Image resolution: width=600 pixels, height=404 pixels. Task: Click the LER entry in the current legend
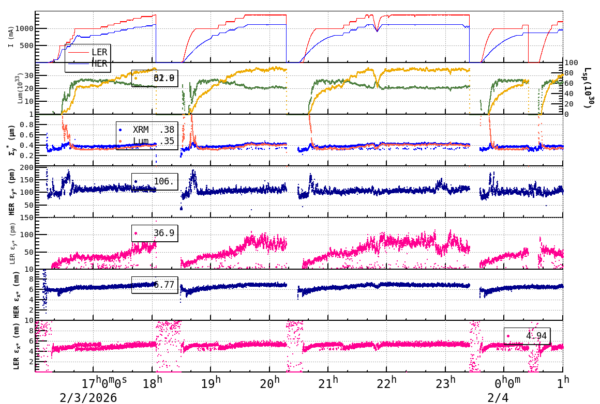tap(99, 52)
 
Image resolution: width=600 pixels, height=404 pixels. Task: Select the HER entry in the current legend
tap(99, 64)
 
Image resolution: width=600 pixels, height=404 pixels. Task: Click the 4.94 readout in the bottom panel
tap(527, 336)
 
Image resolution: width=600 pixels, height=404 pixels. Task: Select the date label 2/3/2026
tap(88, 397)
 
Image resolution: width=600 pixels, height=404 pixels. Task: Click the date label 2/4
tap(498, 397)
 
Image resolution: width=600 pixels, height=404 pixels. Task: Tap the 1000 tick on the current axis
tap(24, 28)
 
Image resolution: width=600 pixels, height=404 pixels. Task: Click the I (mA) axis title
tap(11, 37)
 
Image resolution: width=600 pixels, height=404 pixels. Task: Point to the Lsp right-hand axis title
tap(588, 88)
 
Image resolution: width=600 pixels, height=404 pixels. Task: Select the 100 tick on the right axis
tap(573, 63)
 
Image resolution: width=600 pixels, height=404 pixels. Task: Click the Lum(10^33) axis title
tap(20, 88)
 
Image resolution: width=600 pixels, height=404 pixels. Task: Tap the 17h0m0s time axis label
tap(104, 383)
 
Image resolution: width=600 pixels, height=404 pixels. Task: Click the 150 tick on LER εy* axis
tap(27, 217)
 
